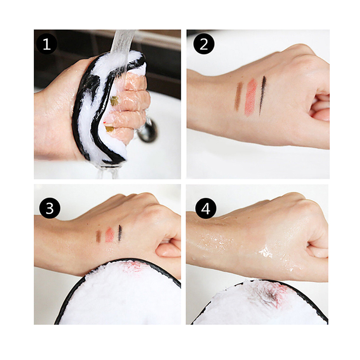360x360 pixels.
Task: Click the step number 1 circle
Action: click(x=47, y=44)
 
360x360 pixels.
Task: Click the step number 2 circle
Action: click(x=204, y=44)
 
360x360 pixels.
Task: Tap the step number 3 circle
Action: click(x=49, y=208)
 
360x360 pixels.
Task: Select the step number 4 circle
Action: click(x=206, y=208)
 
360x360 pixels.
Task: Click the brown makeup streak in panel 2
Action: click(x=238, y=96)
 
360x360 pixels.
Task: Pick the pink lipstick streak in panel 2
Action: click(x=251, y=97)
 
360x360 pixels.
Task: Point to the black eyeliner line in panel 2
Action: click(x=262, y=95)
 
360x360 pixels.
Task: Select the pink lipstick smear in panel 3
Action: click(x=109, y=235)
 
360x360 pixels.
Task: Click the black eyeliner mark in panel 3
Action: click(x=120, y=233)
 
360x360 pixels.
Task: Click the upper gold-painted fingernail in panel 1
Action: click(x=114, y=101)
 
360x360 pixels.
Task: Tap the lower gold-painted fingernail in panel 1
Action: click(x=109, y=128)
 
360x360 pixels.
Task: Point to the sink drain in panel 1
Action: click(x=148, y=130)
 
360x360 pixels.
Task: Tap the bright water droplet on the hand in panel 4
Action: click(x=266, y=252)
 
